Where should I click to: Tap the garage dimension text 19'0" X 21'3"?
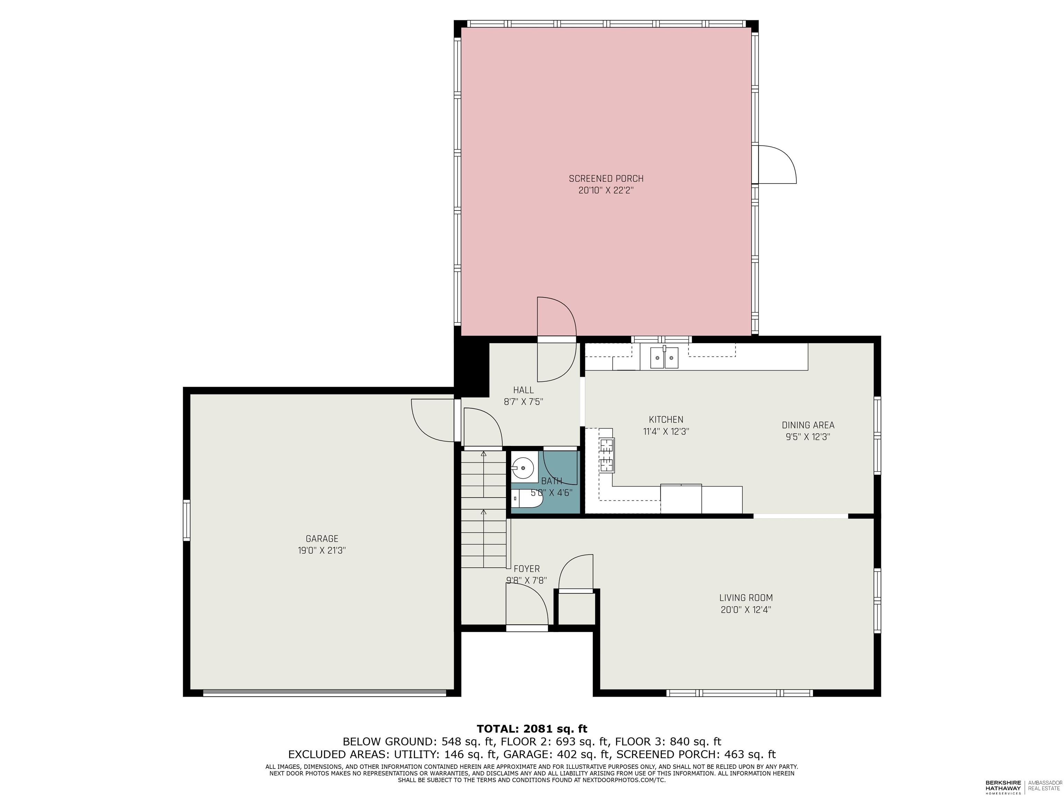click(322, 550)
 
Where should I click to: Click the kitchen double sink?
click(664, 357)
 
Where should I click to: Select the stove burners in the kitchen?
click(606, 454)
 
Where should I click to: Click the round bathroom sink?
click(522, 466)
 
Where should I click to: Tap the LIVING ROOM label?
click(746, 598)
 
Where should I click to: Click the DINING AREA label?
click(808, 425)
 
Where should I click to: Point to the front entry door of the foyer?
click(527, 628)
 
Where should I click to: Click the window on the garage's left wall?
click(187, 521)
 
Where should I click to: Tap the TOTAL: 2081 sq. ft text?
click(532, 729)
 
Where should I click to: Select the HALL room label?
click(523, 390)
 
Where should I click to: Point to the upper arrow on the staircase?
click(484, 454)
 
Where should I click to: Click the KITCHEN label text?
click(666, 419)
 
